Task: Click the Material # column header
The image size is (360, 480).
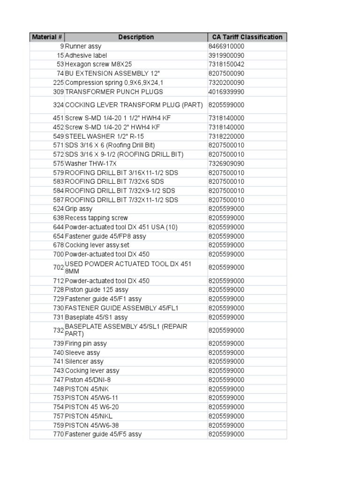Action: click(x=47, y=37)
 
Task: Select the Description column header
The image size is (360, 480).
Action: click(x=136, y=37)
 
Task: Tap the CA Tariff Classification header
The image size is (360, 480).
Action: click(x=247, y=37)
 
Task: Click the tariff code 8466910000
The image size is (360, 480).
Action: click(x=226, y=46)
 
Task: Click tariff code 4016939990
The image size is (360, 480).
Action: click(x=226, y=91)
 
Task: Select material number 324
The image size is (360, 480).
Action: click(x=58, y=105)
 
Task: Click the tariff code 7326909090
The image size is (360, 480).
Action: click(x=226, y=164)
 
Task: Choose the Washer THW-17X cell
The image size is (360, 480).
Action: click(x=90, y=164)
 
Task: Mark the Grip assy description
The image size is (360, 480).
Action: click(x=79, y=209)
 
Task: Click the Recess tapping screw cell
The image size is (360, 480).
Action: click(x=97, y=218)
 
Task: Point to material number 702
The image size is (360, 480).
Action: click(x=58, y=267)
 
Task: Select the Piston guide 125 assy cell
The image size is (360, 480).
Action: click(x=97, y=290)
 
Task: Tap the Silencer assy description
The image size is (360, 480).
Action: click(x=84, y=361)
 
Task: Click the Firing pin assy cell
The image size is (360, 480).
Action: click(x=86, y=344)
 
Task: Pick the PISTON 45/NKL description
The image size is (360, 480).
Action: click(x=89, y=416)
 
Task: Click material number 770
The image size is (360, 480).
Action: click(x=58, y=434)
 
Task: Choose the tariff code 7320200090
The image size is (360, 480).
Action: click(x=226, y=82)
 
